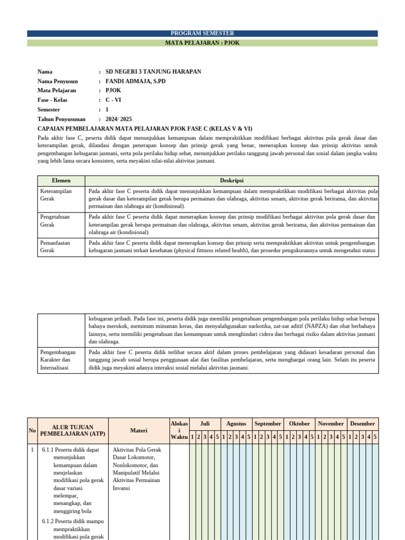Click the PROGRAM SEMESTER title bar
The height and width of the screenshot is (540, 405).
(202, 33)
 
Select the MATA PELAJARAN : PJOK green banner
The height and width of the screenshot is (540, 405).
(202, 43)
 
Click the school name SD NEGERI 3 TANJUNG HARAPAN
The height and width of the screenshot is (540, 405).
(153, 72)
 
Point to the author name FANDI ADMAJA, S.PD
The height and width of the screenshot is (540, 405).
(136, 81)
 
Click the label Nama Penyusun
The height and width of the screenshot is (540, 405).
(57, 81)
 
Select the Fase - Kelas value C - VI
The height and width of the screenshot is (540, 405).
(113, 100)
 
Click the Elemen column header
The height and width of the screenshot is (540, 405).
(61, 180)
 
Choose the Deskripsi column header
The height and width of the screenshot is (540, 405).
(232, 180)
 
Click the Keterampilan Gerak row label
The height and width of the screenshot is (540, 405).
(56, 195)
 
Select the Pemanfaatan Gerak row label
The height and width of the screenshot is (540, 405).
(55, 246)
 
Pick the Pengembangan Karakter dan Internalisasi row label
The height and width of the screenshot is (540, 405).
(57, 360)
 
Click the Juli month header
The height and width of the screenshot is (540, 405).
(205, 423)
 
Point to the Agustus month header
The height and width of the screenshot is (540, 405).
(236, 423)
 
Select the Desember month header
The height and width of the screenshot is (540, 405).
(362, 423)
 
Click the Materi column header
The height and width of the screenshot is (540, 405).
(139, 430)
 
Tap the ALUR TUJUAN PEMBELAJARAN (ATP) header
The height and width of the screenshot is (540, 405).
(73, 430)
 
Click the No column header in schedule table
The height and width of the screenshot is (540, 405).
(32, 430)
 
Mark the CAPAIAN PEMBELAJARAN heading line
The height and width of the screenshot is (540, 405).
(145, 129)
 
